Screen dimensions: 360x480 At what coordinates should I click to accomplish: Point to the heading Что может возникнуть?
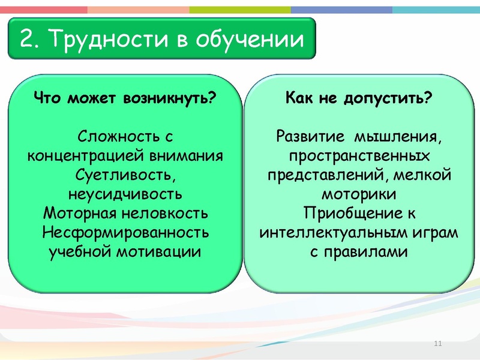(x=124, y=98)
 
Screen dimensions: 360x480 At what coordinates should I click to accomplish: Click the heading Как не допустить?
(x=358, y=98)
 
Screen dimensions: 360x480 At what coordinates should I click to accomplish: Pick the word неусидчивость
(x=125, y=194)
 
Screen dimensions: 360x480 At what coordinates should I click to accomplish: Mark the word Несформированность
(x=125, y=232)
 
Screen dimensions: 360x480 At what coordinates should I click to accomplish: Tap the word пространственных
(x=358, y=155)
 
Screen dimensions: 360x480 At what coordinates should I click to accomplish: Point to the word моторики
(x=358, y=194)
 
